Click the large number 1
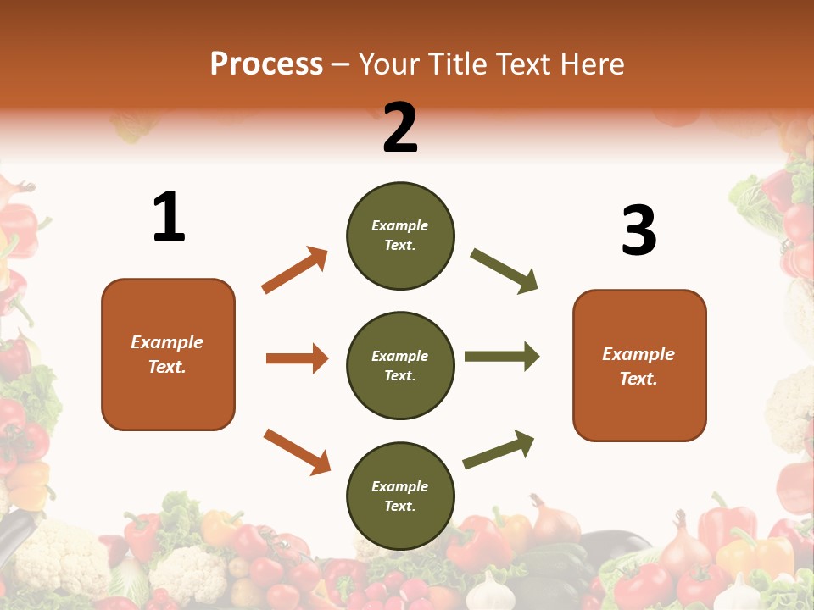pos(169,218)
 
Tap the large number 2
pos(400,128)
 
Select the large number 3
pos(638,230)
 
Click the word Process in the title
pos(266,64)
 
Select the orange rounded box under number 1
pos(168,354)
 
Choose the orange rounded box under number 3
pos(639,366)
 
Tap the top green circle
pos(400,236)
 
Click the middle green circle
pos(400,366)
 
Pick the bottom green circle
pos(400,496)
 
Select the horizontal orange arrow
pos(297,358)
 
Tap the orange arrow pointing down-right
pos(297,451)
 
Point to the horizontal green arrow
pos(502,357)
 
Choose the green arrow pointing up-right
pos(499,449)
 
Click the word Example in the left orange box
pos(167,342)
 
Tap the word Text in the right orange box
pos(637,379)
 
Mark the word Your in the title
pos(387,64)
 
